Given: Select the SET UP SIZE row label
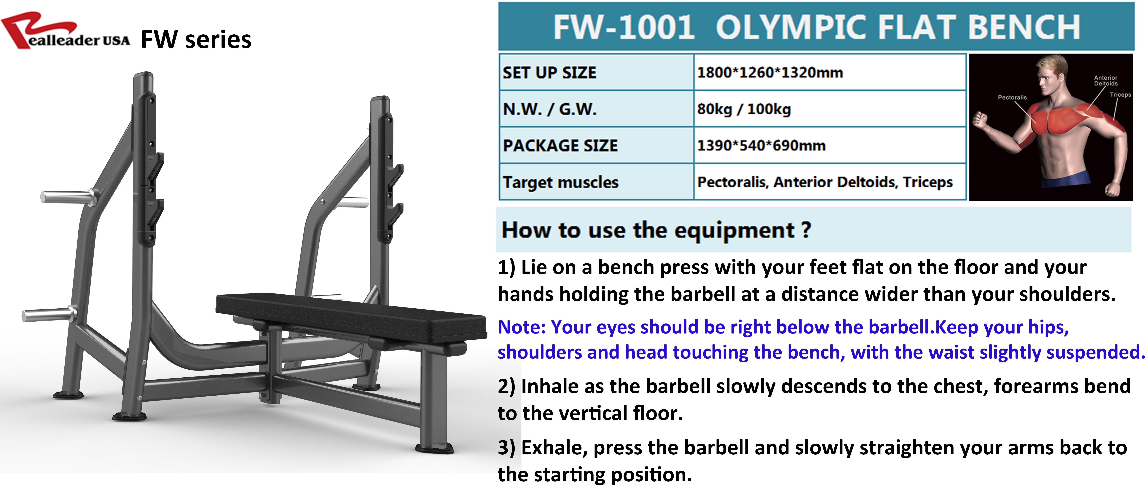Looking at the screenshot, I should [x=549, y=73].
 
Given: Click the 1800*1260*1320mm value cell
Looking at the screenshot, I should [x=770, y=73].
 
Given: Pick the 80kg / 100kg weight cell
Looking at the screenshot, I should [x=744, y=109].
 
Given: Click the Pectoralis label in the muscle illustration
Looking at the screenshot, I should [x=1012, y=97].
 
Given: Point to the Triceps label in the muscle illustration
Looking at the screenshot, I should [x=1120, y=95].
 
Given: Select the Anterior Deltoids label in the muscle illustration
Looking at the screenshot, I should [x=1105, y=81].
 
